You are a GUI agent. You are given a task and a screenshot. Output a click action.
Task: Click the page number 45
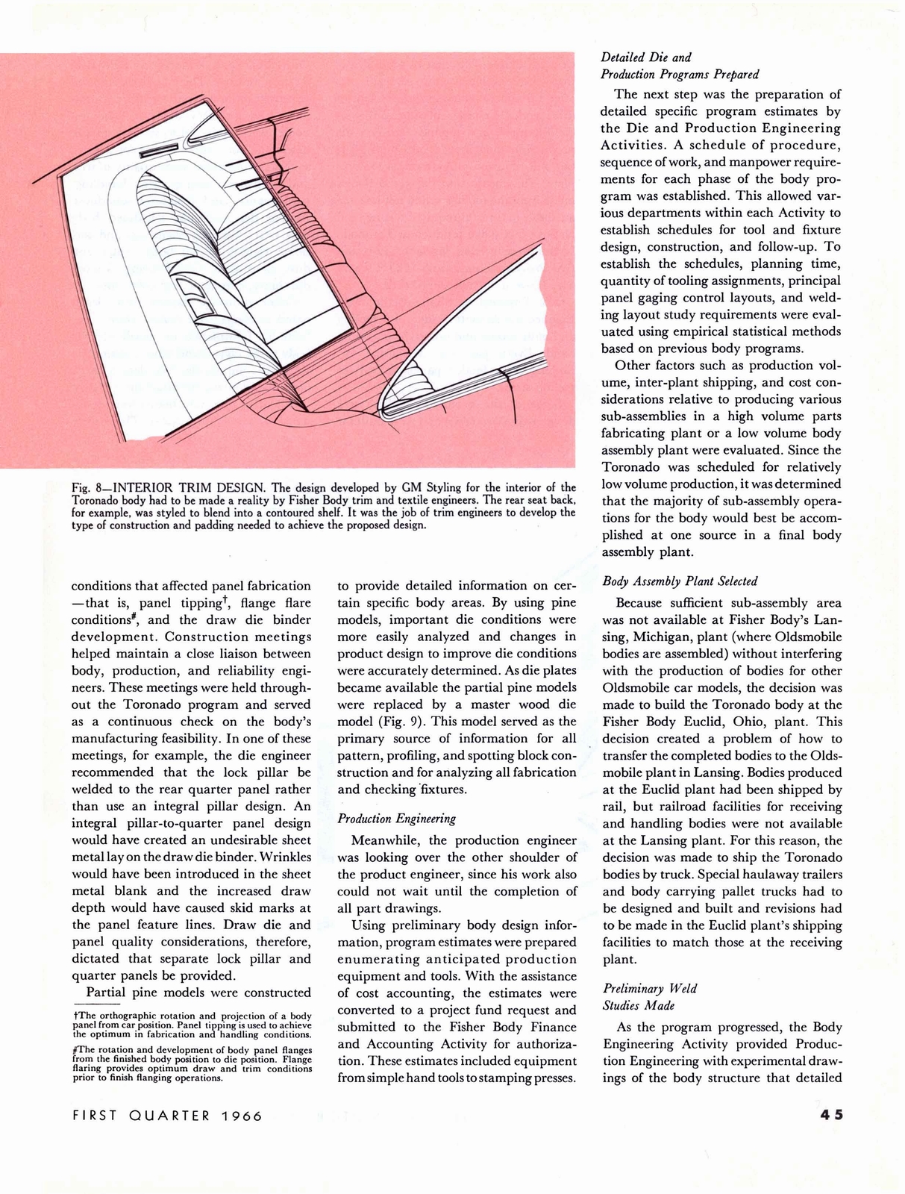[x=830, y=1115]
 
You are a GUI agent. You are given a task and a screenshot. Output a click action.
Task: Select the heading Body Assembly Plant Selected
[x=680, y=581]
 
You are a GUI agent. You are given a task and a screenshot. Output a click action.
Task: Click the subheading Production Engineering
[x=396, y=819]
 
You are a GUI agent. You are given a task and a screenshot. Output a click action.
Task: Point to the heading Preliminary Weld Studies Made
[x=649, y=997]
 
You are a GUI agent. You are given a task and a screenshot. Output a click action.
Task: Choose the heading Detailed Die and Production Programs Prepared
[x=680, y=66]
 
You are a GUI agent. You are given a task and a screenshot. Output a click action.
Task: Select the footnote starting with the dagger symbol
[x=191, y=1025]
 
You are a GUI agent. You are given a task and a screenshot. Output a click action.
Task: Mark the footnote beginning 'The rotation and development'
[x=191, y=1063]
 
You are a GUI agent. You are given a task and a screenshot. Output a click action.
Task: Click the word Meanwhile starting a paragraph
[x=386, y=840]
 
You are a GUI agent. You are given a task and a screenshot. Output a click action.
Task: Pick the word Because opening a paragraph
[x=645, y=603]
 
